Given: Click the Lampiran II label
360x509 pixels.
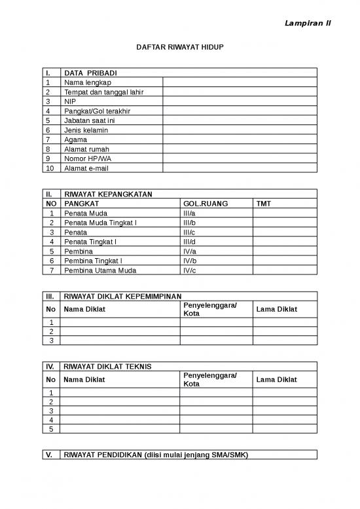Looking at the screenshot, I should pos(308,23).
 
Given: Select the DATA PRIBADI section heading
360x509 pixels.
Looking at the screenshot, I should pos(90,73).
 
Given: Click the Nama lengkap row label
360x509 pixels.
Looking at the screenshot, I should pos(88,83).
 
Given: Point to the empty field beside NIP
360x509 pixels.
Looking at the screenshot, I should pos(240,102).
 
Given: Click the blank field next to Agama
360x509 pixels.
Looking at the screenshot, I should pos(240,140).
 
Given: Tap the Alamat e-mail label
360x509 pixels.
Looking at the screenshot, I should pos(86,168).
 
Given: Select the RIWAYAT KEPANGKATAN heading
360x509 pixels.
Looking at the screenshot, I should pos(108,195).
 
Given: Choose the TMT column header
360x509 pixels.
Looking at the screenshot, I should pos(264,204).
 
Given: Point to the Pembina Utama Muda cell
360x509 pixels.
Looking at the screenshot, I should pos(100,270).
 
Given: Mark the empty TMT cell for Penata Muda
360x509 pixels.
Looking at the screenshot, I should pos(285,214).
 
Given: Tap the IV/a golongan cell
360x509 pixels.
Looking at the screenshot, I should pos(190,251).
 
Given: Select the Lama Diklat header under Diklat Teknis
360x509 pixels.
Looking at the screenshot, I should pos(276,380).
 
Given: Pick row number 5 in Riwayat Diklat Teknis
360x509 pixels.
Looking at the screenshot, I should pos(51,429).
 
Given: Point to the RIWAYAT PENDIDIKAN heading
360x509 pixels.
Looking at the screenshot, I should pos(156,455).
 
